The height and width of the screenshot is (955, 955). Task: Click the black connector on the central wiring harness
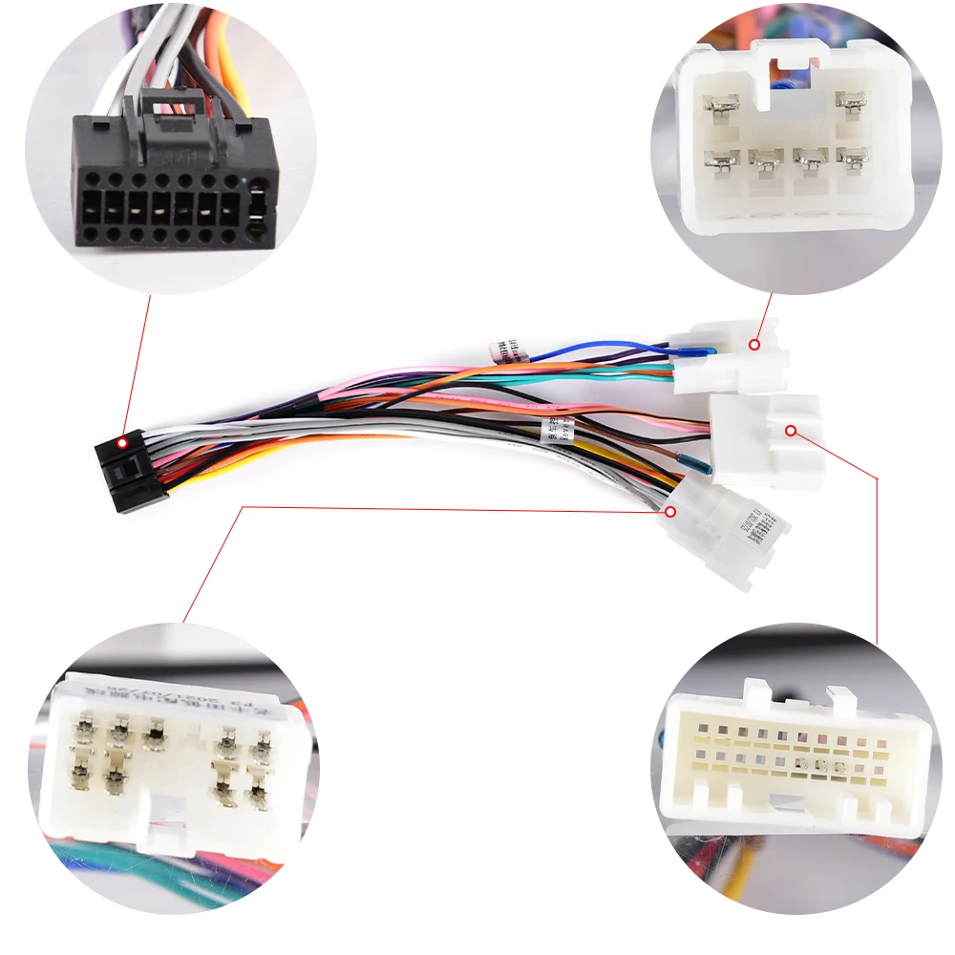point(132,470)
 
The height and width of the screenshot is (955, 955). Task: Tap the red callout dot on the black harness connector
point(122,443)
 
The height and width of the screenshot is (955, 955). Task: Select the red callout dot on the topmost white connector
point(754,343)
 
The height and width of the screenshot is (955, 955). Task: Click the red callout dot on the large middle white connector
point(790,431)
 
